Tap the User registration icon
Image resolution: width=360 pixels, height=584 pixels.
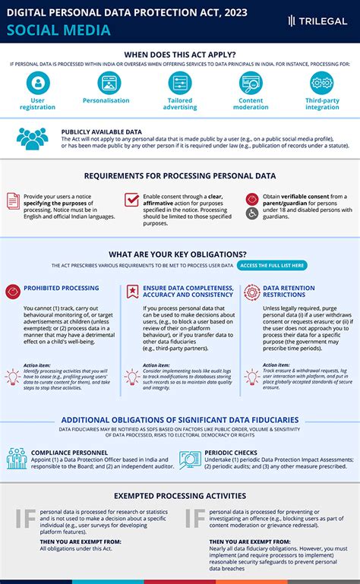click(38, 82)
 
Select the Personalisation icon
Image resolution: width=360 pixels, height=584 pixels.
click(106, 82)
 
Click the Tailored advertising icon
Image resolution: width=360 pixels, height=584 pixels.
click(179, 82)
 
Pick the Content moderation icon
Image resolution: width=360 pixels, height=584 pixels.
click(251, 82)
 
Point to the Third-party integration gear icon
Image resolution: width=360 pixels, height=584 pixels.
click(322, 82)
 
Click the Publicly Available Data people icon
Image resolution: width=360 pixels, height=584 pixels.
click(32, 138)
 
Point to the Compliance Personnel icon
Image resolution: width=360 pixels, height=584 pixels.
click(17, 459)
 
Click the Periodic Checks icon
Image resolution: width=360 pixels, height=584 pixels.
click(190, 459)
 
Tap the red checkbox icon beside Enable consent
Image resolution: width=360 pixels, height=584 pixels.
click(131, 200)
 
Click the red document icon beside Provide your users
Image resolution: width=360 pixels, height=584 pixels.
click(13, 200)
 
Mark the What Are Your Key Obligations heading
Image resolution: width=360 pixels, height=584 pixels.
click(180, 254)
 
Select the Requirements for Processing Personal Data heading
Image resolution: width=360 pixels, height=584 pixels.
click(180, 176)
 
